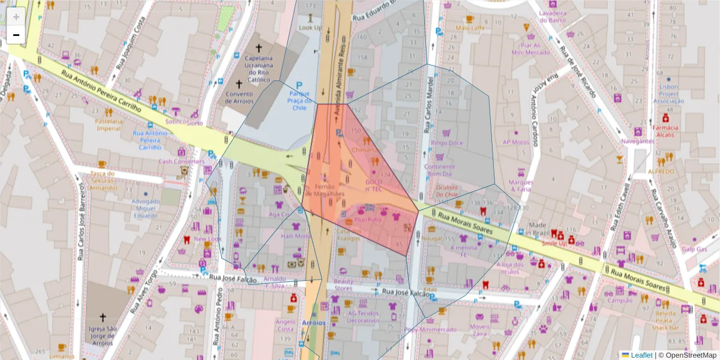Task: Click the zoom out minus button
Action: [x=16, y=35]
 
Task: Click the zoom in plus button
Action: [x=16, y=17]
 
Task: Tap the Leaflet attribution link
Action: [x=641, y=355]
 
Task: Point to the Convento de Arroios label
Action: [x=239, y=97]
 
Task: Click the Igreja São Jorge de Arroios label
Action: [x=101, y=335]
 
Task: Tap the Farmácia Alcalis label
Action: [x=665, y=131]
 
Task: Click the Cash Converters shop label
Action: [x=181, y=161]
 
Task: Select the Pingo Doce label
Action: [x=446, y=143]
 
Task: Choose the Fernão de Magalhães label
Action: [x=325, y=190]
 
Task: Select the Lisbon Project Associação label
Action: [x=668, y=94]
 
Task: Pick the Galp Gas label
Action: [x=694, y=249]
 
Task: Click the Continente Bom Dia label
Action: [x=440, y=170]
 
